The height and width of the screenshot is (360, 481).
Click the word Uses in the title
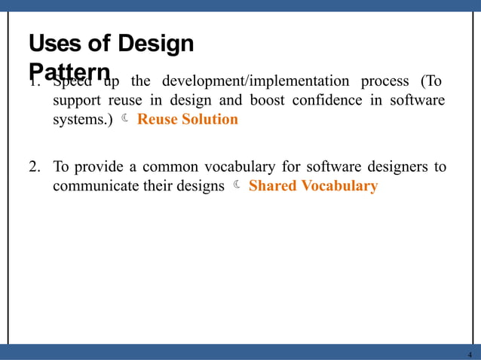coord(49,44)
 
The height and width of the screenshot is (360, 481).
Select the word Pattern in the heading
coord(69,72)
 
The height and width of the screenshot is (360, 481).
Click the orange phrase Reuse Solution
coord(187,119)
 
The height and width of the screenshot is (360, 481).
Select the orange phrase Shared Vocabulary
coord(312,186)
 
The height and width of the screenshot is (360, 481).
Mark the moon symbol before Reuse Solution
coord(124,118)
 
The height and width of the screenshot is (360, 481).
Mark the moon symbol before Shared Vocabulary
coord(236,185)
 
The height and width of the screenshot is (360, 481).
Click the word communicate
coord(97,186)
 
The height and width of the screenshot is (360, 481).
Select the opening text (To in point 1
coord(430,81)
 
